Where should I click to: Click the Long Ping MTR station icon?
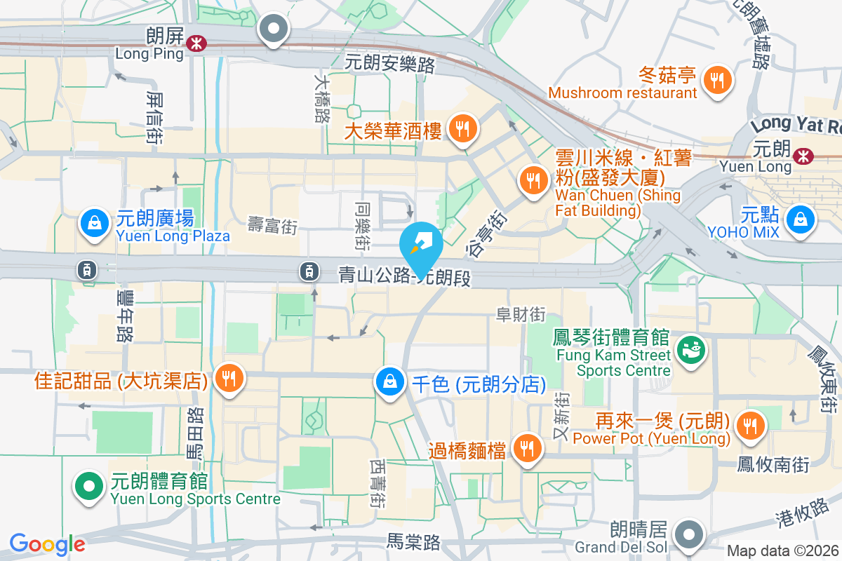[196, 43]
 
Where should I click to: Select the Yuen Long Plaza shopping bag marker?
[93, 224]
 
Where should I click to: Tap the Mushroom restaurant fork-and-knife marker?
[716, 79]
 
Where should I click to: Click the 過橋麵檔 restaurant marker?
[526, 448]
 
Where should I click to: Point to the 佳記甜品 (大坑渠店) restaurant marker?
[228, 379]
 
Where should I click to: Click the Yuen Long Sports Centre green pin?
[89, 485]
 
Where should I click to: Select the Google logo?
[47, 543]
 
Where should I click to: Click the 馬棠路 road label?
[414, 541]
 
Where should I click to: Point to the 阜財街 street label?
[521, 315]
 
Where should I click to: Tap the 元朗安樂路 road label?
[390, 65]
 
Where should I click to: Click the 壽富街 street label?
[273, 225]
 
